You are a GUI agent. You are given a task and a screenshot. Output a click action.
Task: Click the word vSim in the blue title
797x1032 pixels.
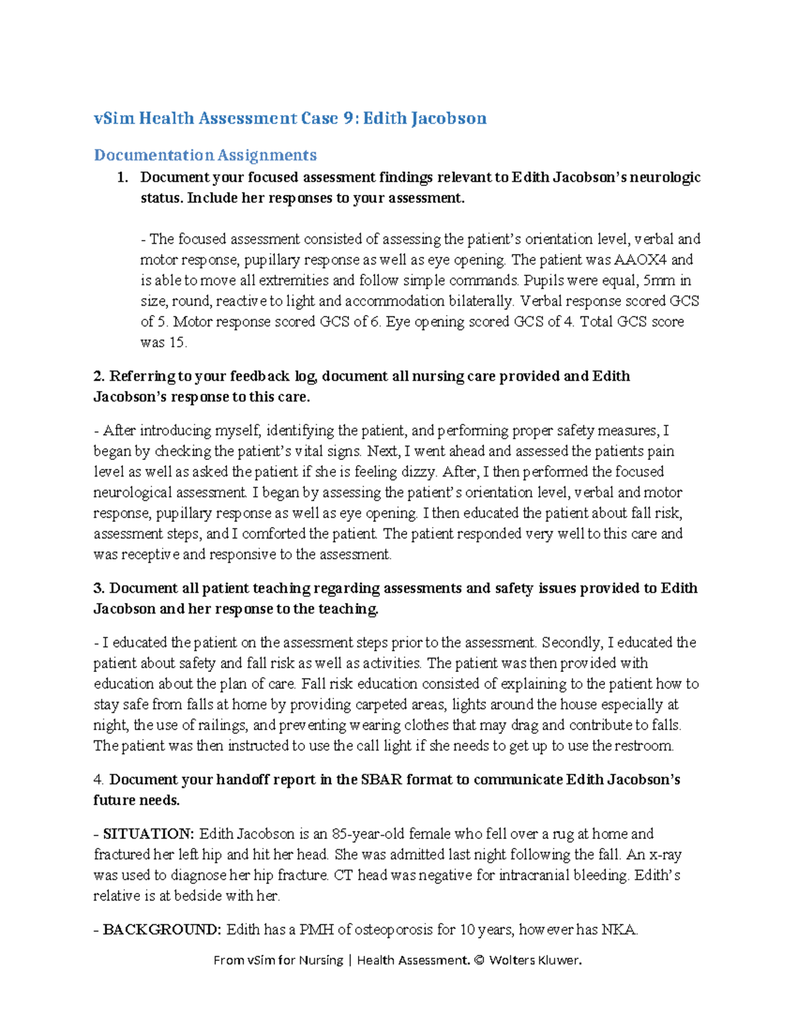(114, 118)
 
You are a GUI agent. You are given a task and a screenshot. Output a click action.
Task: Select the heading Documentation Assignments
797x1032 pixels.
(205, 155)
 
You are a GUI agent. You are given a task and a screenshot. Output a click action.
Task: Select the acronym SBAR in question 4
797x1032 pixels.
(381, 779)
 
